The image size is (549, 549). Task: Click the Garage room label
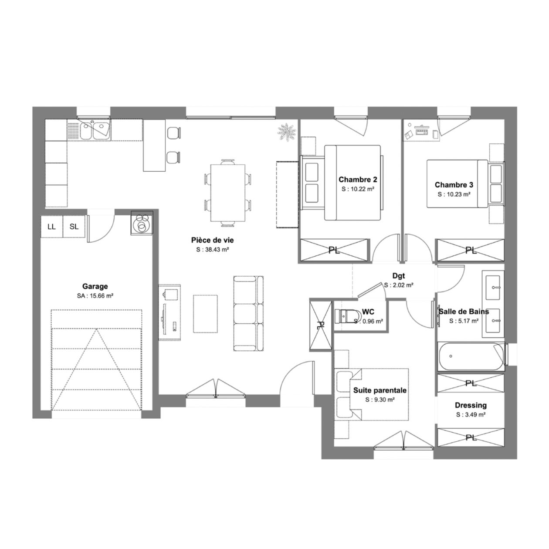point(95,286)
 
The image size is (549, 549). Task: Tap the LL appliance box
point(51,227)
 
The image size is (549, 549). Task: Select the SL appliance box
point(74,227)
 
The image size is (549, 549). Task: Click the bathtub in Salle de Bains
point(471,356)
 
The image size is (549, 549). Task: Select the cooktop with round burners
point(142,223)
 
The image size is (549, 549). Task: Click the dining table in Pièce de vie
point(227,193)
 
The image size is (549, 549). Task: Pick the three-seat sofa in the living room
point(248,313)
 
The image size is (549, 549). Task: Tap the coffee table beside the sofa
point(205,314)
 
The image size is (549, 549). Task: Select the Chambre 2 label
point(358,180)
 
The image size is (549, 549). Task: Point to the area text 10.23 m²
point(454,194)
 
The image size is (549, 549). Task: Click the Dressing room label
point(471,405)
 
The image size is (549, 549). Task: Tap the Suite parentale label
point(380,390)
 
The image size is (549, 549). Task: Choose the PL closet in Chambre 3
point(471,250)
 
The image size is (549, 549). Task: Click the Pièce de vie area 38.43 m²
point(213,250)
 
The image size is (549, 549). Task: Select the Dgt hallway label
point(399,276)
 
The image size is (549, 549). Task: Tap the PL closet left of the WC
point(321,325)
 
